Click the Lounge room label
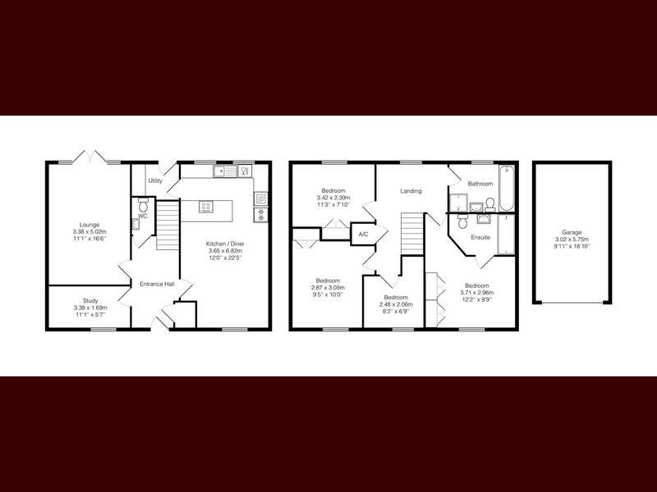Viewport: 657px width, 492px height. point(90,225)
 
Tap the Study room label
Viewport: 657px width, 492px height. point(90,300)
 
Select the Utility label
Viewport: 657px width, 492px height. point(155,180)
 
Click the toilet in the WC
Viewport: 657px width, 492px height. point(143,205)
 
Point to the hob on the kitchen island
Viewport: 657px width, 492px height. point(206,206)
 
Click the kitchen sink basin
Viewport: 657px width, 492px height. point(219,171)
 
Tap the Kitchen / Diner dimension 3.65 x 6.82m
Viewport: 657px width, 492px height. point(225,251)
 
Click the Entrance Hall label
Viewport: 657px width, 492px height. point(157,284)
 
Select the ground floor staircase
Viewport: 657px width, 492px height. point(168,225)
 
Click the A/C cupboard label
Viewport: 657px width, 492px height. point(363,235)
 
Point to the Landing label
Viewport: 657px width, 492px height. point(411,191)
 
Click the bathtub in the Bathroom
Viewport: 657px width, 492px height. point(506,189)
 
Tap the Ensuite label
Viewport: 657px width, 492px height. point(480,237)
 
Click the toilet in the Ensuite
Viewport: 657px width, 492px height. point(462,221)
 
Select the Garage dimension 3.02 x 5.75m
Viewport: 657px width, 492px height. point(572,239)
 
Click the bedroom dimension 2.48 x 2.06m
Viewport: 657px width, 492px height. point(396,304)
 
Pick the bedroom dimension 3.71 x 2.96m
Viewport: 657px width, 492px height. point(477,293)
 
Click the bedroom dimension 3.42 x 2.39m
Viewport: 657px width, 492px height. point(333,198)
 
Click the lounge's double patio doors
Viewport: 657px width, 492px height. point(90,156)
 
